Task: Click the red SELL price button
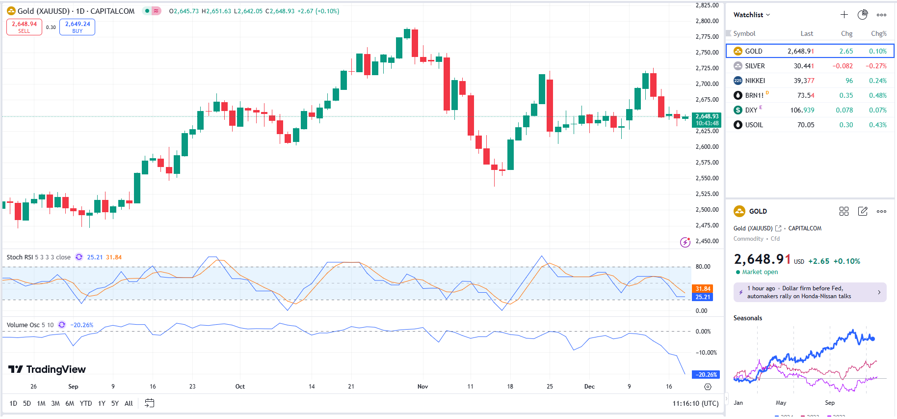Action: point(24,27)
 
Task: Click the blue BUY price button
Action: point(77,27)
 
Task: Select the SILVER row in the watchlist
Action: point(755,66)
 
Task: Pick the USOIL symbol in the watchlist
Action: point(754,125)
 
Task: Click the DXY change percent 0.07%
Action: point(877,110)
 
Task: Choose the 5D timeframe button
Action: point(27,403)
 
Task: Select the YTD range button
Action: point(86,403)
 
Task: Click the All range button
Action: point(129,403)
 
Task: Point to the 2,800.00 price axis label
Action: point(707,21)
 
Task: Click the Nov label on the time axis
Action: point(422,387)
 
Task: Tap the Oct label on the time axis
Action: point(240,387)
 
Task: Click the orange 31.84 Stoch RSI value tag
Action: point(703,289)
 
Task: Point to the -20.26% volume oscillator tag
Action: point(706,374)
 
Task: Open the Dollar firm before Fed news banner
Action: point(810,292)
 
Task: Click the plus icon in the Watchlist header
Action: point(844,15)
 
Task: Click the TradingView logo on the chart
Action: point(47,369)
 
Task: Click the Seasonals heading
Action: point(747,318)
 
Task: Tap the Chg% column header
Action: point(878,33)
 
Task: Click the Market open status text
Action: point(760,272)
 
